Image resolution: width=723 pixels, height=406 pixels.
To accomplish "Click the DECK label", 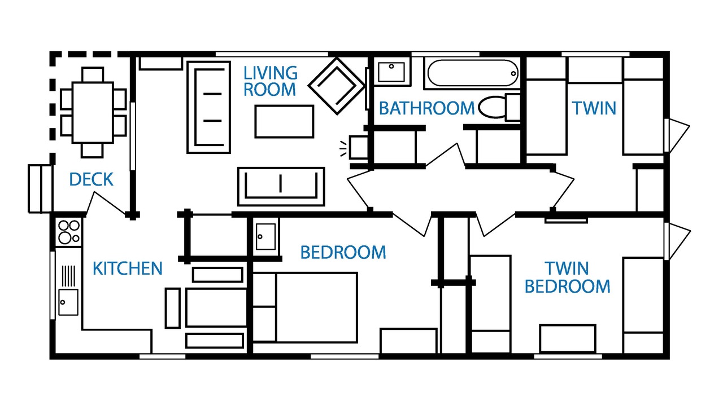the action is click(92, 179).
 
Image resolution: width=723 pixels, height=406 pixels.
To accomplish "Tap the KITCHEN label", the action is click(128, 268).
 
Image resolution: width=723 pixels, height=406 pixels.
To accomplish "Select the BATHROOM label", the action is click(426, 108).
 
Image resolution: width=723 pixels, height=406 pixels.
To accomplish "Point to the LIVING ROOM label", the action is click(270, 81).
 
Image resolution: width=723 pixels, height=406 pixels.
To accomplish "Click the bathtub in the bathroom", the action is click(473, 73).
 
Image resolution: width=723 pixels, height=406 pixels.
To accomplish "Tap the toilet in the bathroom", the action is click(499, 107).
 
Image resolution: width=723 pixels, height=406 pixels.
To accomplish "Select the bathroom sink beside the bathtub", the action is click(391, 72).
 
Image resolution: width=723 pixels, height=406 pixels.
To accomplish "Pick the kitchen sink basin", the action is click(68, 302).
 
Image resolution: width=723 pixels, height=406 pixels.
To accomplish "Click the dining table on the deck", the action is click(93, 112).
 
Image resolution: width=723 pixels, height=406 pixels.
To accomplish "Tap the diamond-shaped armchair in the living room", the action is click(337, 86).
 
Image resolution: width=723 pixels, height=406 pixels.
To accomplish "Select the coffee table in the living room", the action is click(284, 121).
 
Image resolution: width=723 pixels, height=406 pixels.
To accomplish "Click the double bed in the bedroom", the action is click(305, 307).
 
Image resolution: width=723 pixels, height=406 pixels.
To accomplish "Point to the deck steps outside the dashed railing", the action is click(40, 188).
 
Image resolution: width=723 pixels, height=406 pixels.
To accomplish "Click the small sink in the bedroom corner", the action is click(265, 237).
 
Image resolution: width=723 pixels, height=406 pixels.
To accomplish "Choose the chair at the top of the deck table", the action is click(93, 75).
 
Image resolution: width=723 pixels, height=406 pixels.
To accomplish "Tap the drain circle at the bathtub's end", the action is click(513, 74).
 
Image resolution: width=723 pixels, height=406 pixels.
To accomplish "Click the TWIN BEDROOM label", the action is click(568, 277).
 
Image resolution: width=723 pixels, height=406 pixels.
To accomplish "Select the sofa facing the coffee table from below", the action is click(281, 187).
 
